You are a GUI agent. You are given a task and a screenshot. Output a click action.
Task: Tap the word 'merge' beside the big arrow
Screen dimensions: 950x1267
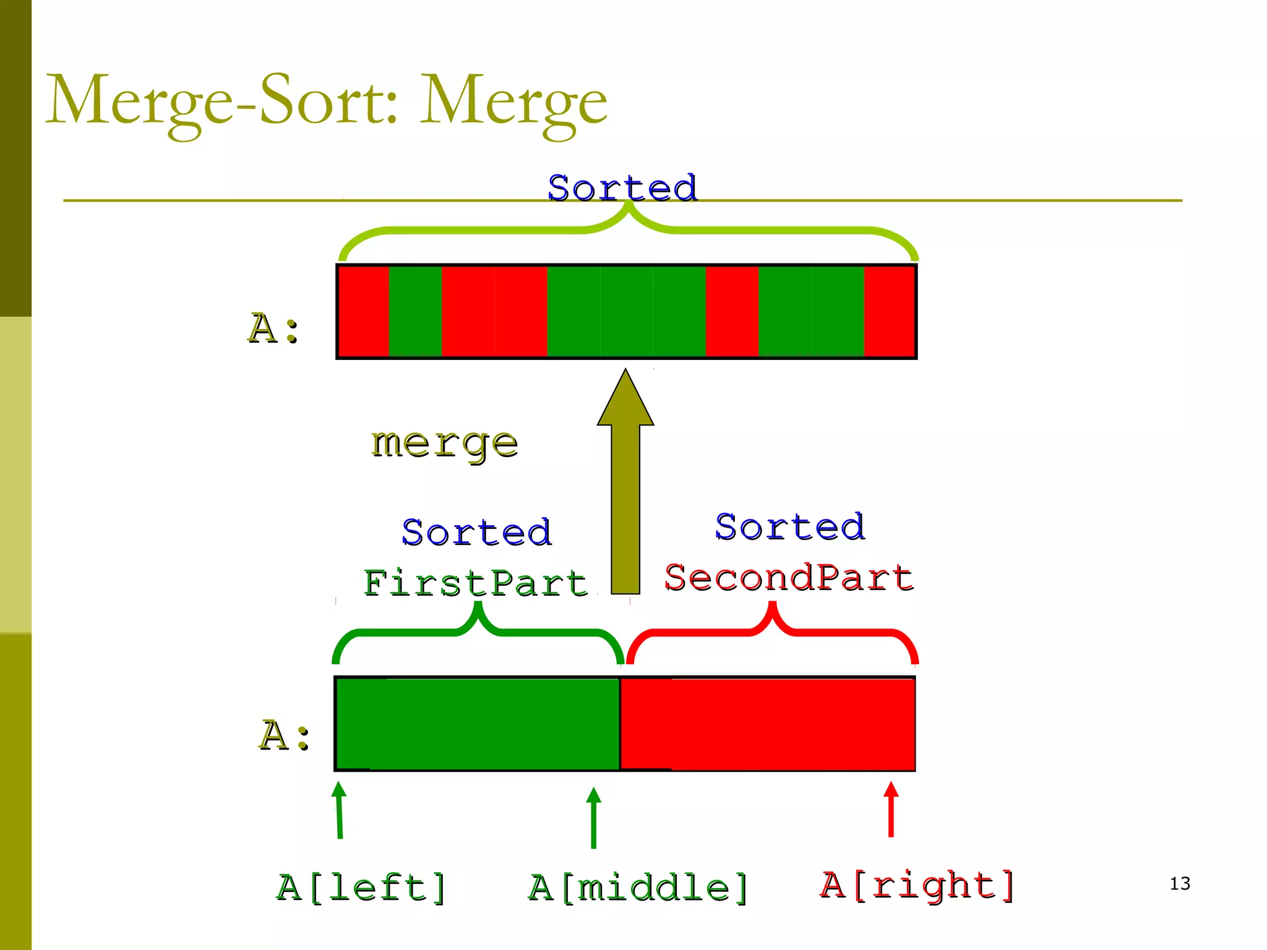click(x=444, y=443)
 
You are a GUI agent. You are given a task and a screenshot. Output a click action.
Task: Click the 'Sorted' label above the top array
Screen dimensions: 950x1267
click(x=622, y=188)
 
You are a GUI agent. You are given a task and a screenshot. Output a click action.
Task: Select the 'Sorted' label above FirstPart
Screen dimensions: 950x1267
click(x=476, y=532)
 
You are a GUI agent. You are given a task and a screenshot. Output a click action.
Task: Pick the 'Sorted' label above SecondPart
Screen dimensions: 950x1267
click(x=790, y=527)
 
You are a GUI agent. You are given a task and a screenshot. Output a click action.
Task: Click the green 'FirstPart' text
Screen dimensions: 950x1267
click(x=475, y=583)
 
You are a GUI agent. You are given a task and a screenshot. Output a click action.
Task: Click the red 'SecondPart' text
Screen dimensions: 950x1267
click(x=789, y=578)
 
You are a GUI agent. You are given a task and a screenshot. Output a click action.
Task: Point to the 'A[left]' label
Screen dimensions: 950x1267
click(x=361, y=888)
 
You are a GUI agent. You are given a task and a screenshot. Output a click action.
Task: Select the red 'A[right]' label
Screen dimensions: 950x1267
click(x=917, y=885)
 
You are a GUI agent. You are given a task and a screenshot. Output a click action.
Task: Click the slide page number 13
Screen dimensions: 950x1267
click(x=1180, y=883)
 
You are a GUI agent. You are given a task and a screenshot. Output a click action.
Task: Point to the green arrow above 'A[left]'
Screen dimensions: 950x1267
click(x=339, y=810)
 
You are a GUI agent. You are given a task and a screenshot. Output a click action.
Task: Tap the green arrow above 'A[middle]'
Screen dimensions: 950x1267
click(x=593, y=818)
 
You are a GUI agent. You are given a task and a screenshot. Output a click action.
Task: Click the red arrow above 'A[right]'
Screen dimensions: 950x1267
click(x=891, y=809)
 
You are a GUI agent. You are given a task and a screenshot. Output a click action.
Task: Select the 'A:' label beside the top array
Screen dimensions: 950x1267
click(x=273, y=328)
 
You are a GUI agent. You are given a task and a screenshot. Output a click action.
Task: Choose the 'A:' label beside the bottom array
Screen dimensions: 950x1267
click(x=284, y=735)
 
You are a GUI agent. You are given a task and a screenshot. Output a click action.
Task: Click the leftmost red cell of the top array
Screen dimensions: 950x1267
click(x=364, y=311)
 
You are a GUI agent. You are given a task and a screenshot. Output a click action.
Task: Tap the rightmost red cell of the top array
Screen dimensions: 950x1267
click(x=889, y=311)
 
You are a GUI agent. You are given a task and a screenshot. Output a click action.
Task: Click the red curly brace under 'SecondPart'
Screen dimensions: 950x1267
click(x=772, y=631)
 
